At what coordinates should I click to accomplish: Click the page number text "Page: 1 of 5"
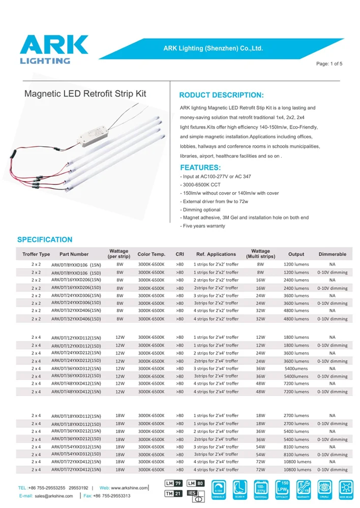tap(329, 64)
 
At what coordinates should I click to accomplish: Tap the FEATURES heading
tap(200, 168)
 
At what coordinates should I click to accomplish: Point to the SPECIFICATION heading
tap(45, 240)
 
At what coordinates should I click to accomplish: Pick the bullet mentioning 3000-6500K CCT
tap(200, 185)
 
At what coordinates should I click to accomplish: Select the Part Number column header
tap(74, 254)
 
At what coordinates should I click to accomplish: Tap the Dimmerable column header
tap(332, 254)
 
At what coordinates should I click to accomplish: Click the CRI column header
tap(179, 254)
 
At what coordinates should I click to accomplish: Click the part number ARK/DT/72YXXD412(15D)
tap(76, 470)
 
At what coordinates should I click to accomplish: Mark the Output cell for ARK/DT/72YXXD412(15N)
tap(297, 462)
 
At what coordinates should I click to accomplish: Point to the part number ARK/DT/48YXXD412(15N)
tap(76, 384)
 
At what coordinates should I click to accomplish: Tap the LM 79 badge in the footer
tap(173, 483)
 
